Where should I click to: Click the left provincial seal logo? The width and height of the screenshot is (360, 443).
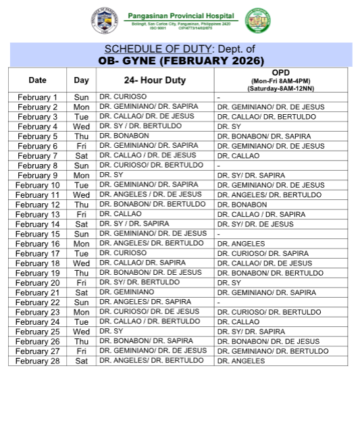[103, 21]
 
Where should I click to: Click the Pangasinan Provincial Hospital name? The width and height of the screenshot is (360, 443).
[179, 16]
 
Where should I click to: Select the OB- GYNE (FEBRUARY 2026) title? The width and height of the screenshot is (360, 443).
[180, 61]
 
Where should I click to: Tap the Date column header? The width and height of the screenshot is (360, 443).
[38, 80]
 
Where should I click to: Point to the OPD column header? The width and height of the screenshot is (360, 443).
[281, 80]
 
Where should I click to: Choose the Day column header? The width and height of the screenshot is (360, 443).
[81, 80]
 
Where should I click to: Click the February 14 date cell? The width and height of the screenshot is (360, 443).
[38, 224]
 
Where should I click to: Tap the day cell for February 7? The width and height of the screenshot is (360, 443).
[81, 156]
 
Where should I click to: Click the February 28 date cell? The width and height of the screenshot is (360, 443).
[38, 361]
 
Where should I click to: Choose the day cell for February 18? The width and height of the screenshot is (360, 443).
[81, 263]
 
